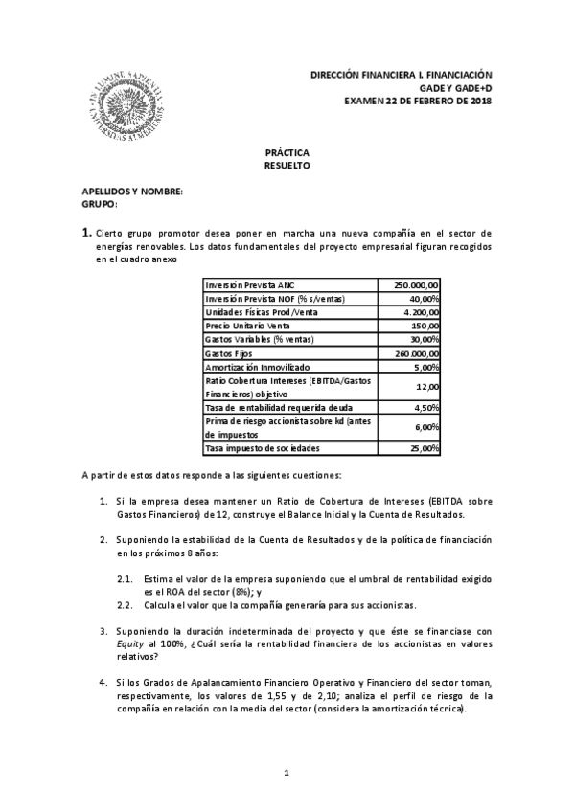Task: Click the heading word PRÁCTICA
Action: click(287, 153)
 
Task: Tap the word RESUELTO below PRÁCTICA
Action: click(287, 166)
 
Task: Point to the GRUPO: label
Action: click(100, 204)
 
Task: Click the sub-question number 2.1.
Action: click(125, 580)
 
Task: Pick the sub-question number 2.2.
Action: click(125, 605)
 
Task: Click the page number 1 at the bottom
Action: click(287, 771)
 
